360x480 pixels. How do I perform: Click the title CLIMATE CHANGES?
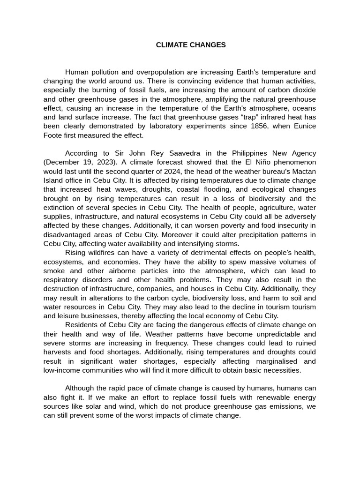click(x=191, y=45)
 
